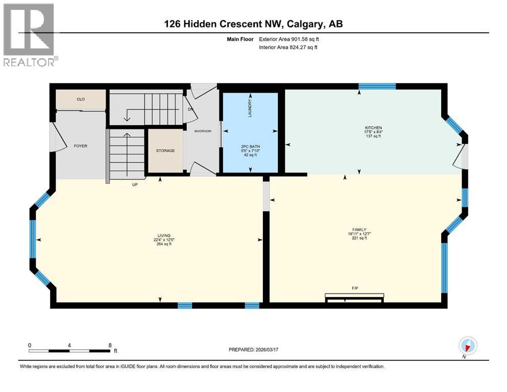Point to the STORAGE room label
coord(165,151)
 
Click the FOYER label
coord(81,146)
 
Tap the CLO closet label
coord(81,99)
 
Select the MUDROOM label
coord(203,131)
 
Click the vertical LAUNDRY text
coord(250,108)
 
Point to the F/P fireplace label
coord(354,288)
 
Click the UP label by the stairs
coord(135,184)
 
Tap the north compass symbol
coord(468,346)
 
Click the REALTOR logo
coord(29,36)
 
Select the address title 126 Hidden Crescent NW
coord(253,24)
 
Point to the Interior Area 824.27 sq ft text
coord(288,47)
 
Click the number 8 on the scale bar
coord(110,345)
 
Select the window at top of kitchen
coord(377,86)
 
